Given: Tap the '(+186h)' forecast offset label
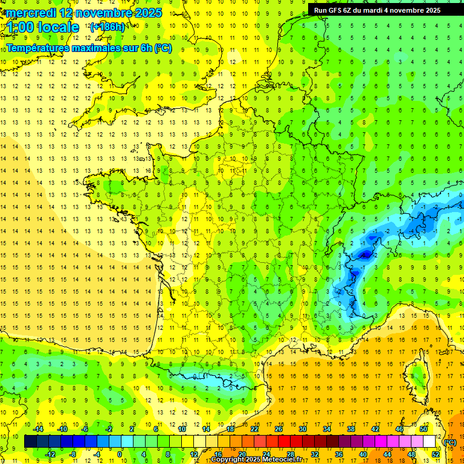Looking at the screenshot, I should pos(108,27).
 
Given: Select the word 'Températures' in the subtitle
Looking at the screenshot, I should pos(38,48).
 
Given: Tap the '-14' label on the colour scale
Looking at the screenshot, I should pos(39,429).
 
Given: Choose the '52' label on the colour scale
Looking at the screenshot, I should pos(435,454).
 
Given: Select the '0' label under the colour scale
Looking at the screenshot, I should pos(120,454).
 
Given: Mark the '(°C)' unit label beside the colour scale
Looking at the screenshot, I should pos(450,442).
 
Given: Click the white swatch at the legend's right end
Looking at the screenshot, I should pos(429,442).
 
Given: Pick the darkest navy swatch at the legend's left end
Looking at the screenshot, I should pos(30,442).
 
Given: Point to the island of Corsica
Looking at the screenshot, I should pos(417,375).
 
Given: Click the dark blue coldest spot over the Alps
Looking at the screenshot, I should pos(365,255).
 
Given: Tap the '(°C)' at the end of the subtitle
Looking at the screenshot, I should pos(163,48).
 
